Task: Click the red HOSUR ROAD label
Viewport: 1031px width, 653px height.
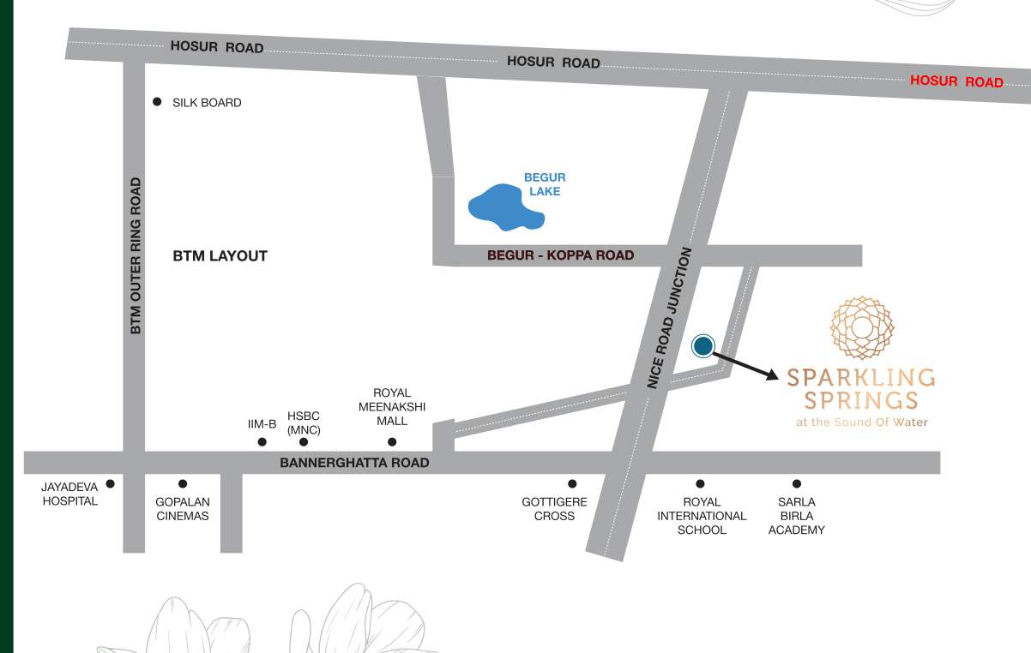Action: [x=956, y=81]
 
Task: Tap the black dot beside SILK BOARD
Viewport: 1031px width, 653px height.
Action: [x=157, y=102]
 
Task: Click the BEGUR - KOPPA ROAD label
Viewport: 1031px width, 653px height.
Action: [x=560, y=255]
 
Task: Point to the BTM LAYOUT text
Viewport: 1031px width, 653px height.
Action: [x=220, y=255]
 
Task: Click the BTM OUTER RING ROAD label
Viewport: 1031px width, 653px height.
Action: [x=136, y=256]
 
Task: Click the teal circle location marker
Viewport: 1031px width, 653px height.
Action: [x=703, y=345]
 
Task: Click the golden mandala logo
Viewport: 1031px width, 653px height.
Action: [x=862, y=327]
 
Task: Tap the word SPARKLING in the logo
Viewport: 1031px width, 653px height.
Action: [x=861, y=377]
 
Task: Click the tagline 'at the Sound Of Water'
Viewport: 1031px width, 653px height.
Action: [x=862, y=422]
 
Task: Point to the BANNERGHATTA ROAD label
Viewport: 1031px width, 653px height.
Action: [x=354, y=463]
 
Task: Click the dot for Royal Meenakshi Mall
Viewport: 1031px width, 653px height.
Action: [x=392, y=442]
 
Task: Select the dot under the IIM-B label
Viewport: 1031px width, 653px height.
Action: [x=262, y=442]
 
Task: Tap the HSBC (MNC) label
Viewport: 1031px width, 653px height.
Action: [x=304, y=422]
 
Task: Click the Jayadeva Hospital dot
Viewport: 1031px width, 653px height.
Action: [x=110, y=484]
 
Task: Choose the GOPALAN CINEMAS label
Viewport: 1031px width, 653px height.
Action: [x=183, y=509]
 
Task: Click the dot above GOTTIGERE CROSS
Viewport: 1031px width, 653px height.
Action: [x=572, y=484]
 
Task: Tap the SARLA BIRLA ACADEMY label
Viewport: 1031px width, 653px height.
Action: [x=797, y=516]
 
